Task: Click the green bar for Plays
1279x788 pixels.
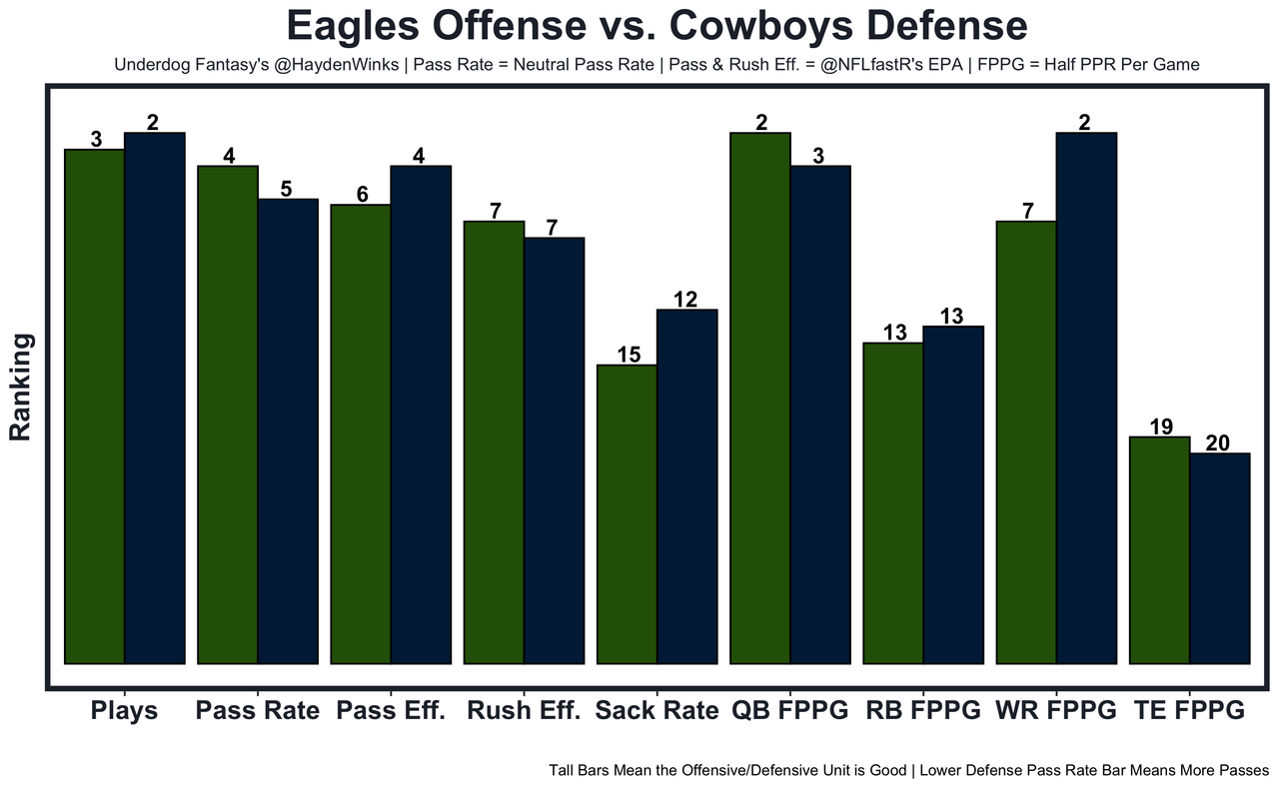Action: click(95, 405)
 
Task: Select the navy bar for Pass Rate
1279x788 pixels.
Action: click(288, 430)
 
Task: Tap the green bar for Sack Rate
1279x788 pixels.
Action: click(627, 513)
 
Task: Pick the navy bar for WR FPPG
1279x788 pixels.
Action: click(1086, 397)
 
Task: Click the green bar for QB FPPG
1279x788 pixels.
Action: click(760, 397)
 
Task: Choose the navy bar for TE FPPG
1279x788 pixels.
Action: click(1219, 558)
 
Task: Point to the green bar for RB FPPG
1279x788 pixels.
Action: click(893, 502)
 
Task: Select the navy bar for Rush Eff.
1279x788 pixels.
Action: click(554, 449)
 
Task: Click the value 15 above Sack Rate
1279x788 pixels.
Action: click(627, 354)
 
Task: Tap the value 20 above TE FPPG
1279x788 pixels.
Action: click(1219, 442)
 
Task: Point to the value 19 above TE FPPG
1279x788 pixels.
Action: click(1159, 426)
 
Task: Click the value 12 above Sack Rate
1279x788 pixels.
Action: click(686, 299)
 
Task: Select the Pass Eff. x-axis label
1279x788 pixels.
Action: click(391, 711)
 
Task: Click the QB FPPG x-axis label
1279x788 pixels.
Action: click(790, 711)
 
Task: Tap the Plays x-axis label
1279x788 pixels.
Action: click(124, 711)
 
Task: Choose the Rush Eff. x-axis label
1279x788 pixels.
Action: click(524, 711)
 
